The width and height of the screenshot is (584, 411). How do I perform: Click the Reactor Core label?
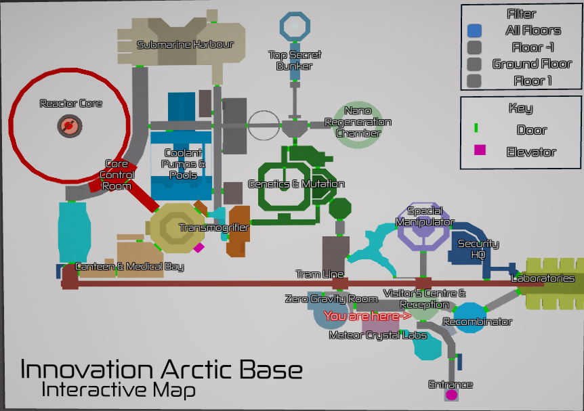[71, 104]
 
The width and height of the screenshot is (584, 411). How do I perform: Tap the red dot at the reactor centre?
[68, 125]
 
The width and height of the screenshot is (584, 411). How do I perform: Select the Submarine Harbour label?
[185, 45]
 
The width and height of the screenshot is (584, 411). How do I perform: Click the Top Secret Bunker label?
[295, 60]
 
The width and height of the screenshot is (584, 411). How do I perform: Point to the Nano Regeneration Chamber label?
[358, 122]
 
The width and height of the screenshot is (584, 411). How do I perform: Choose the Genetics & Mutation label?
[296, 184]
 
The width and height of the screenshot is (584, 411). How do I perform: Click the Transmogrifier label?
[213, 228]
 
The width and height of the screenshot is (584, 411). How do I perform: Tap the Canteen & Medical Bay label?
[129, 267]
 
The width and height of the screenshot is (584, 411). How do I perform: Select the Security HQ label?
[478, 248]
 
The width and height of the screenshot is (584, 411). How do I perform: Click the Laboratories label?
[543, 278]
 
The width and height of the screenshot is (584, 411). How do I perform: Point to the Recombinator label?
[477, 322]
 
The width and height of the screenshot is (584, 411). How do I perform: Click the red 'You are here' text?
[367, 316]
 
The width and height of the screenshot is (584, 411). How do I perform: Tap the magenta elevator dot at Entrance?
[451, 394]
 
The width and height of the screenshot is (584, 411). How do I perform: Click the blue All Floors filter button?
[474, 30]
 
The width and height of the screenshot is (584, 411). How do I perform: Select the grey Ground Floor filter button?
[474, 64]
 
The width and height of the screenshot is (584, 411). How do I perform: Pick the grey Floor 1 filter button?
[474, 81]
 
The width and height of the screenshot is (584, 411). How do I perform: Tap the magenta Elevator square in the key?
[480, 151]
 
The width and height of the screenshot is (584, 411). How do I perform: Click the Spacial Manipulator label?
[425, 217]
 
